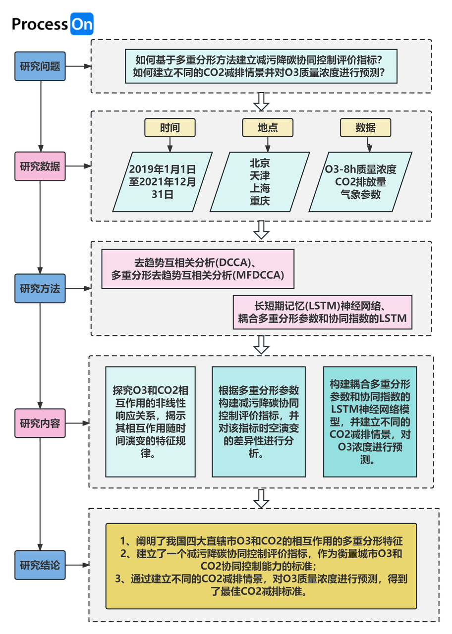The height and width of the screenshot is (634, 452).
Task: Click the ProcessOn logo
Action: tap(53, 24)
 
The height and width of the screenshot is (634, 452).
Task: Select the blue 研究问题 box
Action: tap(40, 66)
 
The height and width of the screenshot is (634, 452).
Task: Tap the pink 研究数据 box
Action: tap(40, 166)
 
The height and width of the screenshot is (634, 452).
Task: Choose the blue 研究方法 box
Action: tap(40, 288)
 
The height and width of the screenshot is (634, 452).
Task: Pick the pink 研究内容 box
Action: tap(40, 423)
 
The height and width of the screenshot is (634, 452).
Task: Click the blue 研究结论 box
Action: tap(40, 565)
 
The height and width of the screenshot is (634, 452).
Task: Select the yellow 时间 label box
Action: tap(170, 128)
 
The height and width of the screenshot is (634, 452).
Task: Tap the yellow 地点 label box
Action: tap(268, 128)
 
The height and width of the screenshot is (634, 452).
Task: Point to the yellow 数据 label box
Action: tap(366, 128)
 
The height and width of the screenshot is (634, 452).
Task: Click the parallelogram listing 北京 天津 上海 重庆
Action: tap(260, 182)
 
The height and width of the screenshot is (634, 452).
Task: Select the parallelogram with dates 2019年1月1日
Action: tap(162, 182)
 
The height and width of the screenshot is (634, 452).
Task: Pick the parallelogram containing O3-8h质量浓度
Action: tap(360, 182)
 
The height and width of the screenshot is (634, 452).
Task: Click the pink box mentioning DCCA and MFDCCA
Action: tap(198, 269)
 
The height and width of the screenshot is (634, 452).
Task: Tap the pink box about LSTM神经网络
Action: tap(322, 312)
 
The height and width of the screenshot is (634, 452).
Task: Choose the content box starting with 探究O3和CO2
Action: tap(150, 422)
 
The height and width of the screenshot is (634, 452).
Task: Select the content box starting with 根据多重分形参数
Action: tap(259, 422)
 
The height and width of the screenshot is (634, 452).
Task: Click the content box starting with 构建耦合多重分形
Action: tap(370, 422)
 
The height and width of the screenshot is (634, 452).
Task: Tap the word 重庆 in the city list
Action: tap(260, 201)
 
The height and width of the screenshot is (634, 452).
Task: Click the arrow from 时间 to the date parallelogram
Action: tap(170, 145)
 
